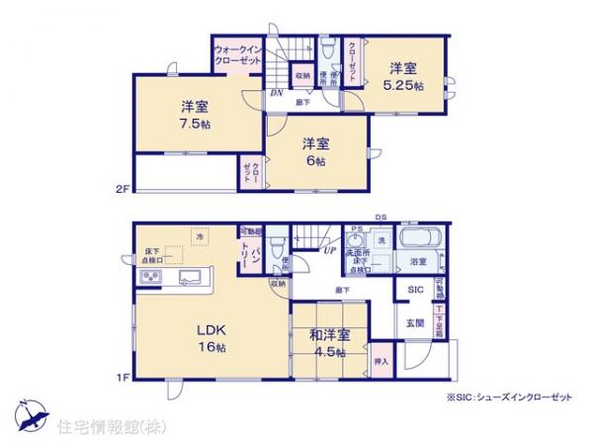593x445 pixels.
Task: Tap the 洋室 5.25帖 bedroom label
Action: point(404,76)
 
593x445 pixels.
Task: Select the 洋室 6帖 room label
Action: point(315,151)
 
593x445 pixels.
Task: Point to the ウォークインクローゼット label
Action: point(237,55)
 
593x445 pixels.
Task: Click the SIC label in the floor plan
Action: point(416,290)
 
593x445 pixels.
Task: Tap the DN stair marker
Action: point(276,94)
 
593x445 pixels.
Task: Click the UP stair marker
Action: point(326,250)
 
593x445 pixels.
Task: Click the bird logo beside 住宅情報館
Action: point(27,411)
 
